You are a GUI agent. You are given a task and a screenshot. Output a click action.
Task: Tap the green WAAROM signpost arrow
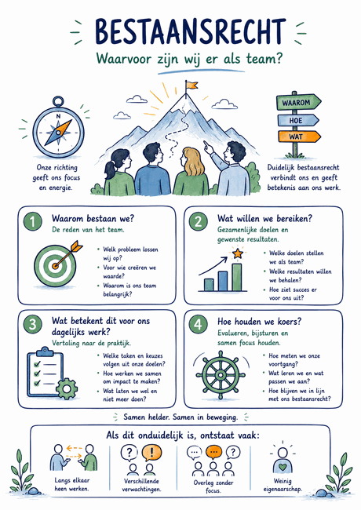298,103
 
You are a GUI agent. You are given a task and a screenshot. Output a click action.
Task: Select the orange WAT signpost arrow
299,137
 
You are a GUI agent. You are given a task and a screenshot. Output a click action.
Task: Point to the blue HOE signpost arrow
298,120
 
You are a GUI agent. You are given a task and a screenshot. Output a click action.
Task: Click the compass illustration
58,128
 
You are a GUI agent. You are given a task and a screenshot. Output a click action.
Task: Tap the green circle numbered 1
32,221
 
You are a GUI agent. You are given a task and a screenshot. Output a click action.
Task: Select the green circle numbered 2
199,221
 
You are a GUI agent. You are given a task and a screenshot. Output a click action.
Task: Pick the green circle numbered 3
32,324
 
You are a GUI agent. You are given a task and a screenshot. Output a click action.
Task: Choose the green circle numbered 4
198,324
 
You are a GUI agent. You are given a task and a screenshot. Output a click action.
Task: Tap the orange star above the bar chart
238,253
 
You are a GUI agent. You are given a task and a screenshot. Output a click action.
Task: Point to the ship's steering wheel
221,375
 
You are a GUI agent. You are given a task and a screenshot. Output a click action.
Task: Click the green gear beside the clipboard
67,388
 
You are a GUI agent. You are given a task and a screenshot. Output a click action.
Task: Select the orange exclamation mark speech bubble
151,453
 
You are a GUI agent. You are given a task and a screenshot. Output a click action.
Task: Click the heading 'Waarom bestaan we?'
93,218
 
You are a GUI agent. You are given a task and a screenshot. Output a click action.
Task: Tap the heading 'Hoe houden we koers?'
260,322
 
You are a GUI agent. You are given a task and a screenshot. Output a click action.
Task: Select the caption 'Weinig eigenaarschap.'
283,485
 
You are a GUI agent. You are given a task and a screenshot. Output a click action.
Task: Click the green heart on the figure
283,467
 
